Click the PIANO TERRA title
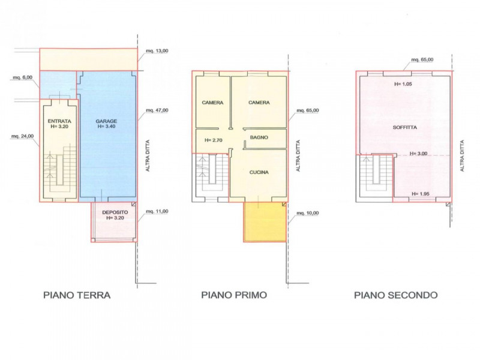[77, 295]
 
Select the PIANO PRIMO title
[234, 295]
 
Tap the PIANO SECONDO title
[396, 295]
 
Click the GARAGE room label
[106, 121]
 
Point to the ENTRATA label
[59, 121]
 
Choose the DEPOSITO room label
[115, 212]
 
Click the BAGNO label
[259, 137]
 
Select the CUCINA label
[259, 172]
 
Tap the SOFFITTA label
[404, 127]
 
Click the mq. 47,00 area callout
[157, 110]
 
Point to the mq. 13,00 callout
[157, 51]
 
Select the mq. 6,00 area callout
[22, 78]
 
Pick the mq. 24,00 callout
[22, 136]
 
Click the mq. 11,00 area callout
[157, 211]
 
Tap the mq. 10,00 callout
[307, 213]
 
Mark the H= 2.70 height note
[214, 140]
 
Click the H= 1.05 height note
[403, 84]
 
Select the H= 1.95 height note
[421, 194]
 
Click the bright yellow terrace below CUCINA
[265, 222]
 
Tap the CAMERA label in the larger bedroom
[259, 103]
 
